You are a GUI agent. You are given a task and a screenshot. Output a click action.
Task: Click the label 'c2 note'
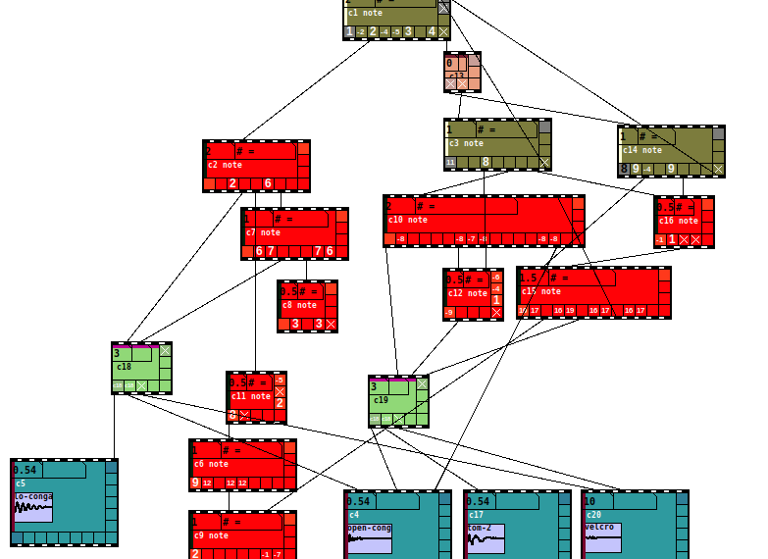[225, 166]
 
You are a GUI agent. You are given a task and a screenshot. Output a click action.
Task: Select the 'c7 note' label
[263, 233]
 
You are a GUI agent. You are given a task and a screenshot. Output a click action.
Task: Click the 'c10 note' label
[407, 220]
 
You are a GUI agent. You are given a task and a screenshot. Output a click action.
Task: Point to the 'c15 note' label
[542, 291]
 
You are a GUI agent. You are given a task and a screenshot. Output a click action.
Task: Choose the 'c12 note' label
[467, 293]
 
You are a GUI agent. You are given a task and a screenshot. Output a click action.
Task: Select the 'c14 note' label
[642, 150]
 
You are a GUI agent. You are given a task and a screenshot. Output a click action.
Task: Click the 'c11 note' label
[250, 396]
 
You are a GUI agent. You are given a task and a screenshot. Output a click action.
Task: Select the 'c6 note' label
[211, 464]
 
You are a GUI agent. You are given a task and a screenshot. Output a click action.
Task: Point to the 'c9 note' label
[211, 535]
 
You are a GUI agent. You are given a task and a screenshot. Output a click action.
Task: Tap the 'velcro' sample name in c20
[599, 527]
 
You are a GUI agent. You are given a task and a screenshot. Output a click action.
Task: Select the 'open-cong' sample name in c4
[369, 528]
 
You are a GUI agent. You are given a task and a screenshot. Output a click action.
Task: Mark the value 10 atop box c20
[589, 501]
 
